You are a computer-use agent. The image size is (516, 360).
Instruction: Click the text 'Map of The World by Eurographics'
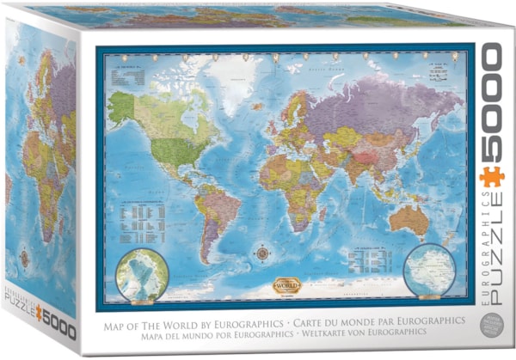pyautogui.click(x=183, y=320)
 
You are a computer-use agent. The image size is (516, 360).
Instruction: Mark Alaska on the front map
pyautogui.click(x=123, y=104)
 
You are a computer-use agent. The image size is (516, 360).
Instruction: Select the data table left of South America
pyautogui.click(x=144, y=218)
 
